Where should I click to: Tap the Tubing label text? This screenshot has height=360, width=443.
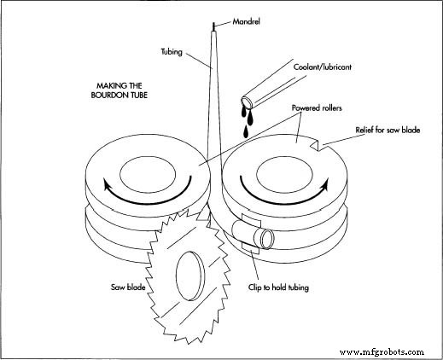(175, 50)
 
